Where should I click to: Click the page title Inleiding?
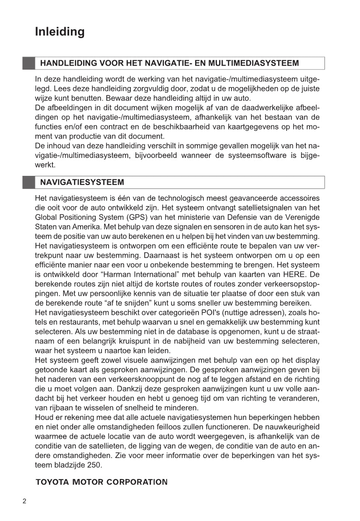[60, 32]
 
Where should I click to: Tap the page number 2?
[24, 501]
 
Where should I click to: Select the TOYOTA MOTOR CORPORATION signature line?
[101, 483]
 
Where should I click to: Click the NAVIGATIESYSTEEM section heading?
[82, 182]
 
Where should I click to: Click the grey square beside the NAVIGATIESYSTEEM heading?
[28, 182]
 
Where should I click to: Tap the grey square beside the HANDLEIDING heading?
[28, 63]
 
